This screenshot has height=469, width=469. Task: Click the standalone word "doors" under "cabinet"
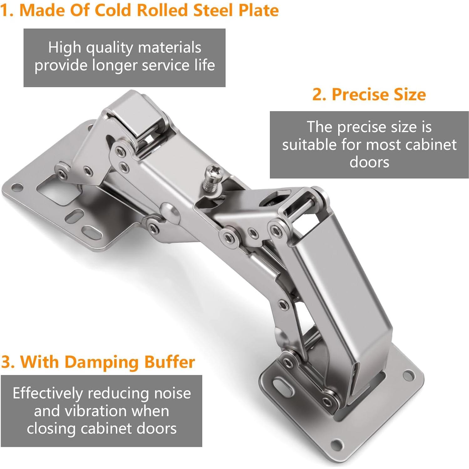coord(369,162)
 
